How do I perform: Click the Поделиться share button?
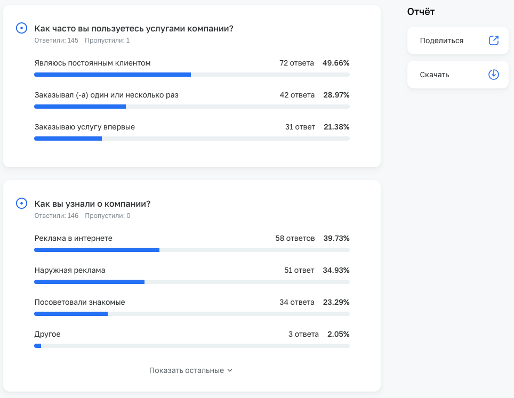pyautogui.click(x=457, y=40)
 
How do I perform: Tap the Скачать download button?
pyautogui.click(x=457, y=75)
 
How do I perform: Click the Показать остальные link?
pyautogui.click(x=191, y=370)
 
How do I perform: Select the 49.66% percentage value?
pyautogui.click(x=336, y=63)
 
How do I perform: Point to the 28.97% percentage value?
pyautogui.click(x=336, y=95)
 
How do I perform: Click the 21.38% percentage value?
pyautogui.click(x=336, y=127)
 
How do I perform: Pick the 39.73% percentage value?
pyautogui.click(x=336, y=238)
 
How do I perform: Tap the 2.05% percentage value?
pyautogui.click(x=339, y=334)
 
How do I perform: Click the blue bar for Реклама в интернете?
pyautogui.click(x=97, y=250)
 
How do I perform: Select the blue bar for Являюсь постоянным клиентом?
pyautogui.click(x=113, y=75)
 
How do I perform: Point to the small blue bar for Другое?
pyautogui.click(x=37, y=346)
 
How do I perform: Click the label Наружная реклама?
pyautogui.click(x=70, y=270)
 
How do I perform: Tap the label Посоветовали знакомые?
pyautogui.click(x=79, y=302)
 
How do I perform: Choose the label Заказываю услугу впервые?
pyautogui.click(x=84, y=127)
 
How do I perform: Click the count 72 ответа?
pyautogui.click(x=296, y=63)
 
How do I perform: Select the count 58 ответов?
pyautogui.click(x=295, y=238)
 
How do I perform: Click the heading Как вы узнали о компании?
pyautogui.click(x=92, y=204)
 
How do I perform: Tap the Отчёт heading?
pyautogui.click(x=421, y=12)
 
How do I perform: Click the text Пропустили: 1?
pyautogui.click(x=107, y=40)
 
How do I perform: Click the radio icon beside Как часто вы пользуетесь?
pyautogui.click(x=21, y=28)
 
